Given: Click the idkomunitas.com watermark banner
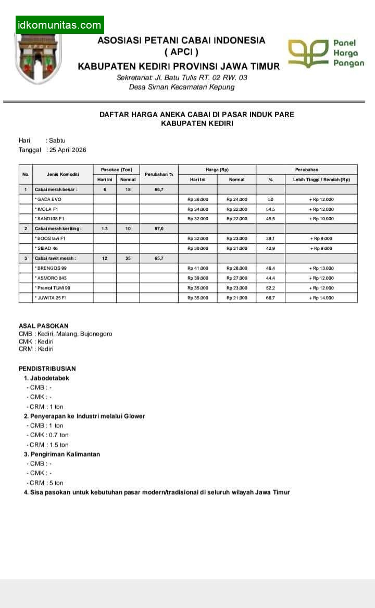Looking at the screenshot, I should pos(59,24).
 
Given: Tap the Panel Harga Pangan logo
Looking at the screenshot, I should pos(326,54).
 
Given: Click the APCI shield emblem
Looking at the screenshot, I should pos(38,58).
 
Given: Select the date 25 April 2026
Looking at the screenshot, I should pos(68,150).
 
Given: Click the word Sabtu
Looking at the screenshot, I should pos(57,141).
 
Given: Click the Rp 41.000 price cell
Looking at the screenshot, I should pos(197,268).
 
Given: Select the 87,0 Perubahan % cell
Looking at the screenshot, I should pos(159,229).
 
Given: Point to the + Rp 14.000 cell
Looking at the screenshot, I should pos(321,298).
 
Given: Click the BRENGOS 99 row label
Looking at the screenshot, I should pos(52,268).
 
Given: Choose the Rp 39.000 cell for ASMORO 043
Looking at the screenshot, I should pos(197,278).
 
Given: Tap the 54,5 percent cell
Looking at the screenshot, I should pos(270,209).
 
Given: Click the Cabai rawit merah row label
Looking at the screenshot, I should pos(55,258).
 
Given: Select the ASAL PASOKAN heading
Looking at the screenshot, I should pos(43,326).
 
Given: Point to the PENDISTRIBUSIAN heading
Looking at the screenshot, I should pos(47,369).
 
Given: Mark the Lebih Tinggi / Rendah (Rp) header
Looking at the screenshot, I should pos(321,180).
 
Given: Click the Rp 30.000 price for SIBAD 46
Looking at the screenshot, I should pos(197,248).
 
